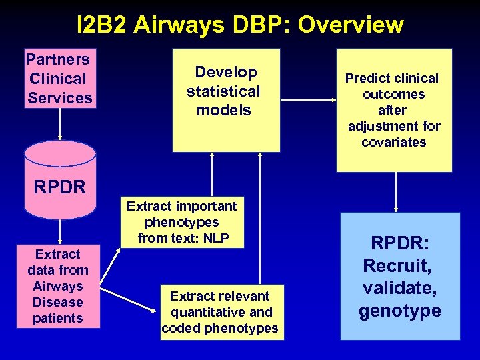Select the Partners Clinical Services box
60,79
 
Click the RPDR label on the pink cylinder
60,187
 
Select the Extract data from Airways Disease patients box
58,286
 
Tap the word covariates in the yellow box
393,142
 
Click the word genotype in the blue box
400,311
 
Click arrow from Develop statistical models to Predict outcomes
307,100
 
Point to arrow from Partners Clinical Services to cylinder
60,125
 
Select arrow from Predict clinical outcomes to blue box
397,191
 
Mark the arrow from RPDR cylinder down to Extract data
60,231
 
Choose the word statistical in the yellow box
223,91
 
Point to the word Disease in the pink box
58,302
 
